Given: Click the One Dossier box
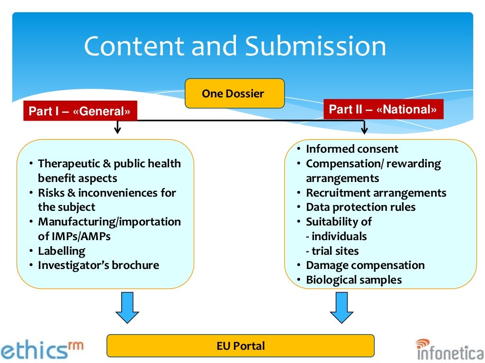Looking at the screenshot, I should coord(234,93).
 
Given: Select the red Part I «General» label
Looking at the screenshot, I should coord(80,111).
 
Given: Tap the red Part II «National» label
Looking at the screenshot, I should coord(383,110).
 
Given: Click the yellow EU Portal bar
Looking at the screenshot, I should coord(240,346).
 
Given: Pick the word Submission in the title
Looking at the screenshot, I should coord(316,47).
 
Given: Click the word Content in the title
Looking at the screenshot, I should coord(134,47).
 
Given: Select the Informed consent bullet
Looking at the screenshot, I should coord(352,149).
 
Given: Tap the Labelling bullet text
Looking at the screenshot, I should coord(62,251).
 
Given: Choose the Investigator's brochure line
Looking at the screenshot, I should coord(99,265).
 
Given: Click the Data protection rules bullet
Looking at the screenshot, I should coord(360,207).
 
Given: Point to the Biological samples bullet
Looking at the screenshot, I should coord(354,280).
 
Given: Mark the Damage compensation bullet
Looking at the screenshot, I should coord(365,265).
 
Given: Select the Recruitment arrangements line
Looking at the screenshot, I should coord(376,193).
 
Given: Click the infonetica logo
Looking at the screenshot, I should coord(450,350).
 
